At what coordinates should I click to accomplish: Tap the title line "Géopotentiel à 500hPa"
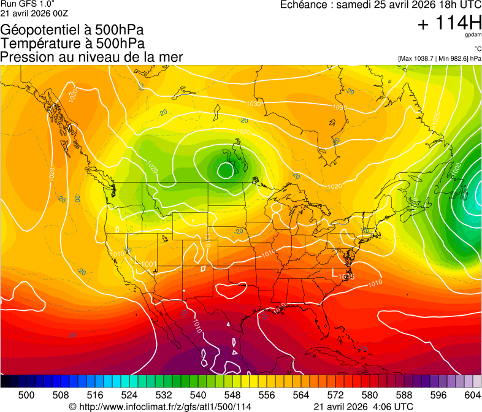click(72, 30)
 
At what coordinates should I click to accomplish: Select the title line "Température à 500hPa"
click(72, 44)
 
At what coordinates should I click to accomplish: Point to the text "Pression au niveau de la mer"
click(91, 57)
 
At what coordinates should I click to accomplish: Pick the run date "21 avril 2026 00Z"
click(34, 13)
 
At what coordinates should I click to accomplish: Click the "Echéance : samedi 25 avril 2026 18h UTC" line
click(380, 5)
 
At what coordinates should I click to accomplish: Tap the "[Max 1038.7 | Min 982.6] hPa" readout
click(439, 58)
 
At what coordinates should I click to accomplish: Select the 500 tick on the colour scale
click(26, 394)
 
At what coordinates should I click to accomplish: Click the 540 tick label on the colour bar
click(198, 394)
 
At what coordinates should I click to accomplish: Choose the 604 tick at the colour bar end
click(472, 394)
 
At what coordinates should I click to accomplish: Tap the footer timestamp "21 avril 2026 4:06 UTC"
click(363, 406)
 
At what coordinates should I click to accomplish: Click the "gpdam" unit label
click(473, 36)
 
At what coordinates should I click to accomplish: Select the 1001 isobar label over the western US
click(147, 264)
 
